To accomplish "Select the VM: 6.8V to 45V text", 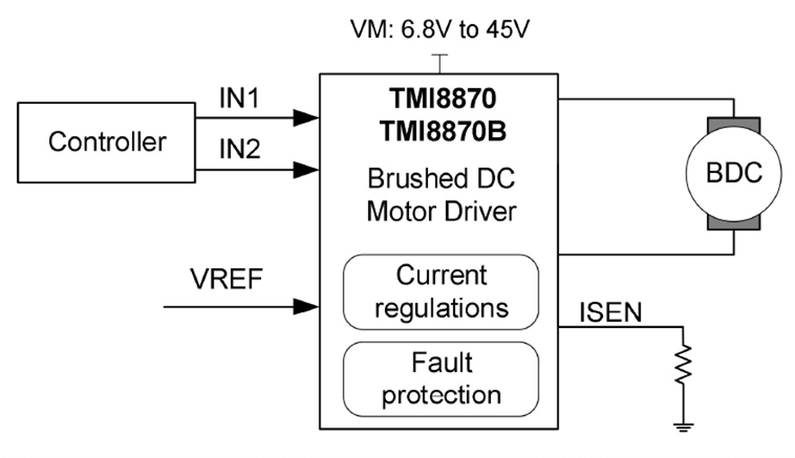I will pyautogui.click(x=439, y=30).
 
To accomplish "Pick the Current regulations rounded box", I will pyautogui.click(x=441, y=291).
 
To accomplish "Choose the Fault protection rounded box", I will pyautogui.click(x=441, y=378).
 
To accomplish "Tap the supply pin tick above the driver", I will pyautogui.click(x=439, y=63).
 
